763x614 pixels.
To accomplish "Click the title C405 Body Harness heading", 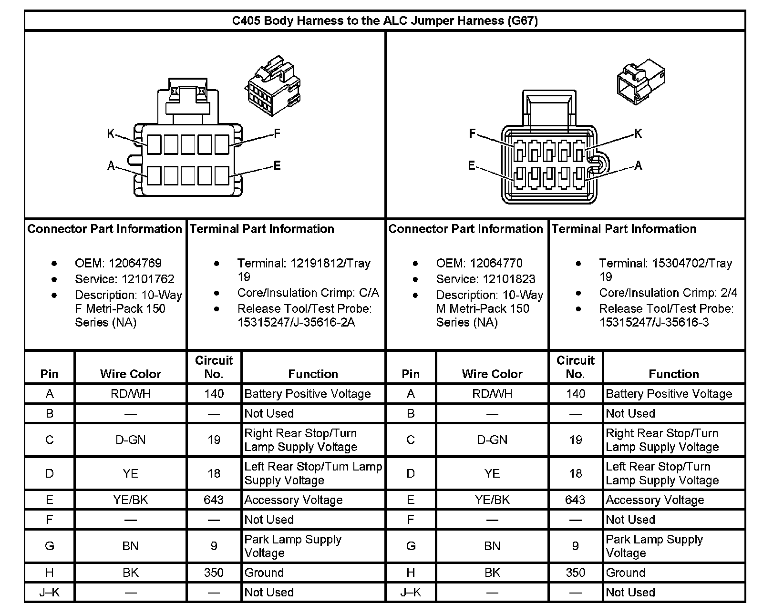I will (384, 21).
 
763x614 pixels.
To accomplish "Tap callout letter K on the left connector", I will (111, 134).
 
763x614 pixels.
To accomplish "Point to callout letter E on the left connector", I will (277, 166).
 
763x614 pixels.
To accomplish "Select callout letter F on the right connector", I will (472, 134).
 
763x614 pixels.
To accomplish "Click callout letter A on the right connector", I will (638, 166).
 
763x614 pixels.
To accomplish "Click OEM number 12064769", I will (135, 263).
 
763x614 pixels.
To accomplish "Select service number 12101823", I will (509, 279).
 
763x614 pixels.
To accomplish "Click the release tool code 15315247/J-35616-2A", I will (296, 323).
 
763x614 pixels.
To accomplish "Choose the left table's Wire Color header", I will (130, 374).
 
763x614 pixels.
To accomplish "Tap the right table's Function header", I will (673, 374).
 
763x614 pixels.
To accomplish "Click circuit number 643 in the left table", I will (213, 500).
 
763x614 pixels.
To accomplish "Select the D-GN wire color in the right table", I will (492, 440).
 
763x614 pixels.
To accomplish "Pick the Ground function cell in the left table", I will (264, 573).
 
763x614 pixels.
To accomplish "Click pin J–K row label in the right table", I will (411, 593).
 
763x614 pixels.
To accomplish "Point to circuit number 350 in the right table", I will (575, 573).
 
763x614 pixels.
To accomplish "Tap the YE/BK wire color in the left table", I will (130, 500).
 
